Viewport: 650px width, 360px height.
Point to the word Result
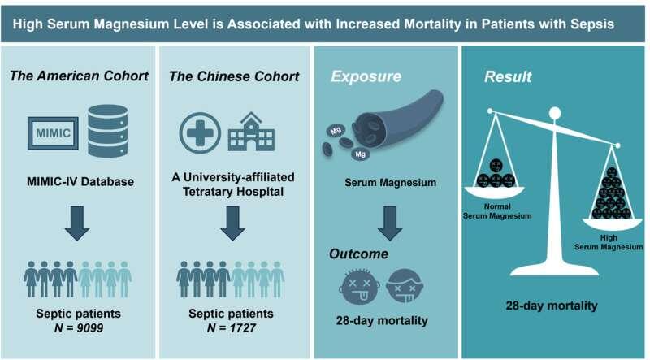[508, 77]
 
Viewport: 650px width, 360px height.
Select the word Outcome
[357, 254]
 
